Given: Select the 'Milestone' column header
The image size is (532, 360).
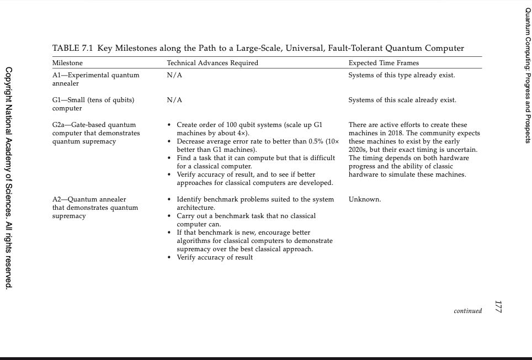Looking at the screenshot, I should [67, 63].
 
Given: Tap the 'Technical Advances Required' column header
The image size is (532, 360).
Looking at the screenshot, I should [212, 63].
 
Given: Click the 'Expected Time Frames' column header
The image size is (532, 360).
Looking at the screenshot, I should [384, 63].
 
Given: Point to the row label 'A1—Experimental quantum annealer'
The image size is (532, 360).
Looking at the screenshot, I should [95, 79].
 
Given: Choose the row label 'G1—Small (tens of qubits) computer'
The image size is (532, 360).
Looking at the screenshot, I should [93, 104].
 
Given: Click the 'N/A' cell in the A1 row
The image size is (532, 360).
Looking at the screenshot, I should [174, 75].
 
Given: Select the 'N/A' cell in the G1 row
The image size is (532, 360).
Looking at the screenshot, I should [174, 100].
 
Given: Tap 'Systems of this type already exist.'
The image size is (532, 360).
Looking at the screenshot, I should [402, 75].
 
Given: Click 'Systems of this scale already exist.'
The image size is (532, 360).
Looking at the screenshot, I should [402, 100].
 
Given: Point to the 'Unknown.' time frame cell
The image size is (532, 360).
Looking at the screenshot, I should [365, 199].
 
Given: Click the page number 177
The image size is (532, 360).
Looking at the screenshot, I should [498, 308].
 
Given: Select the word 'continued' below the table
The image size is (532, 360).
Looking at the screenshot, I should [467, 311].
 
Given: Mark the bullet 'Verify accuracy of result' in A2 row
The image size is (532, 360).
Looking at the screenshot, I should [215, 257].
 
